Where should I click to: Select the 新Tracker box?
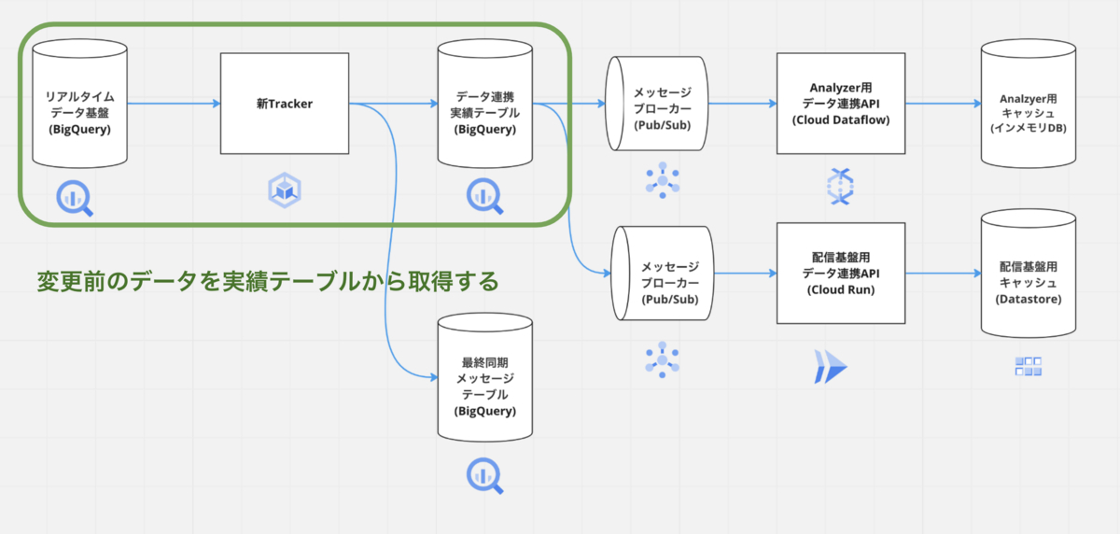pyautogui.click(x=284, y=104)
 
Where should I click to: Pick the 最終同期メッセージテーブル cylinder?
pyautogui.click(x=484, y=378)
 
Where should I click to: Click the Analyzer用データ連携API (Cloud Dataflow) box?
pyautogui.click(x=841, y=104)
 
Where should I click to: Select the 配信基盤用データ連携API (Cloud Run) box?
pyautogui.click(x=841, y=274)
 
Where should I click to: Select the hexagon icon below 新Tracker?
pyautogui.click(x=285, y=190)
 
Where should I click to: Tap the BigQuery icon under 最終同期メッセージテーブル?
pyautogui.click(x=484, y=475)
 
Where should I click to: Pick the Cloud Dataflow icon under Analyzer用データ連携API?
pyautogui.click(x=840, y=186)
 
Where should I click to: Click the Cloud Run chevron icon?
pyautogui.click(x=829, y=367)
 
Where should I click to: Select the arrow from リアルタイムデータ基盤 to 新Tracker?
pyautogui.click(x=173, y=104)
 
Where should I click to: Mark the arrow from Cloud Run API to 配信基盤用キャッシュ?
pyautogui.click(x=943, y=274)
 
